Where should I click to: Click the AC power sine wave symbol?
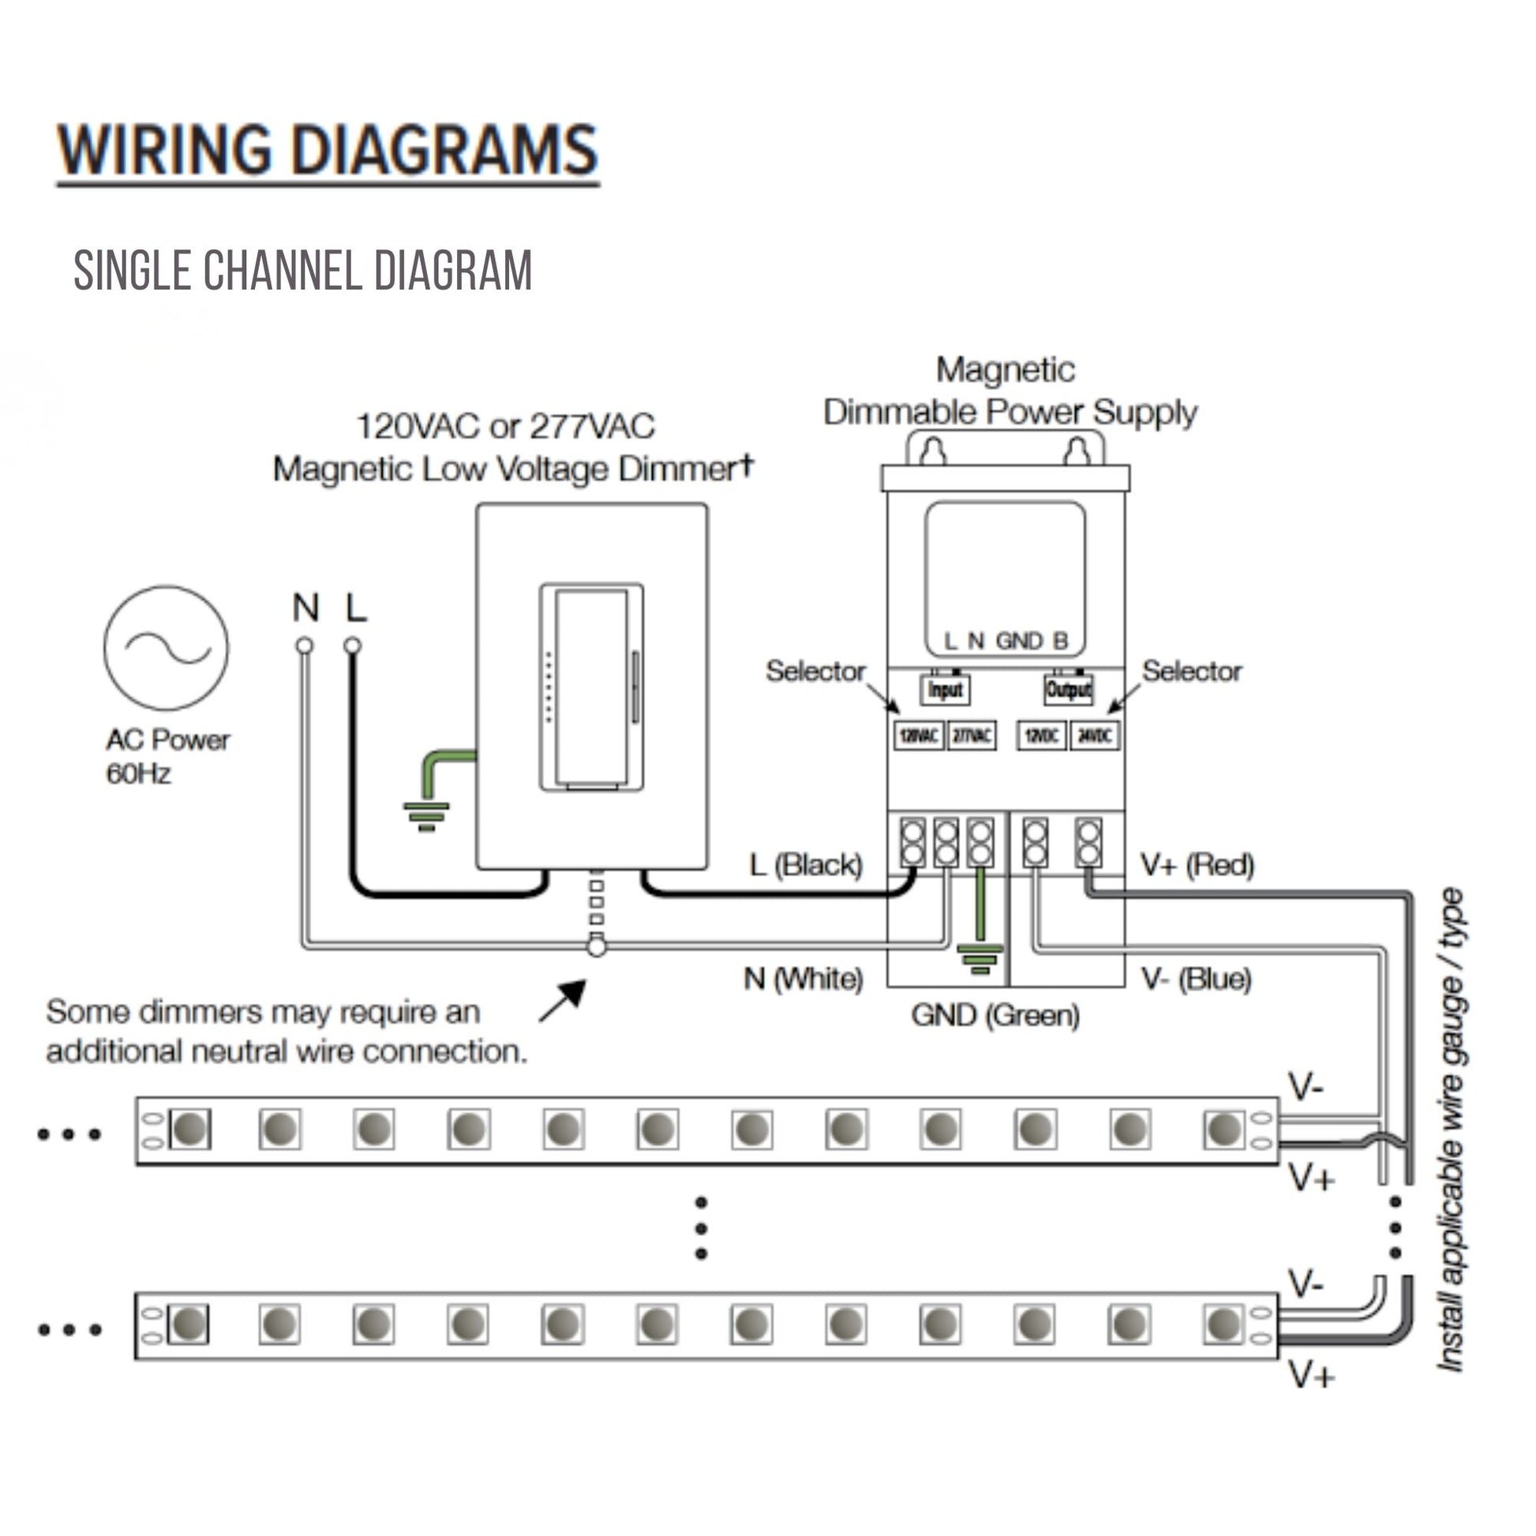166,648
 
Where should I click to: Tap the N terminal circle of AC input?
305,646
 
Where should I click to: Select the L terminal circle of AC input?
354,646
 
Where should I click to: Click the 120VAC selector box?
919,736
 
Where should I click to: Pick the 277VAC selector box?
972,736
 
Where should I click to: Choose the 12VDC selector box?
1040,736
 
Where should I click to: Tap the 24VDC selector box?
1095,736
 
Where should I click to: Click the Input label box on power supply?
945,689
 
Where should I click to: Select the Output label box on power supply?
1069,689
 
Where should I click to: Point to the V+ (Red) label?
1197,864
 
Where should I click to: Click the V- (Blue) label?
1197,979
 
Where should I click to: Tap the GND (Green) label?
995,1015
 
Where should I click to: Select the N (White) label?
803,979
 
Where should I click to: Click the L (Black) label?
806,864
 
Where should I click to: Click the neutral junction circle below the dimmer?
596,947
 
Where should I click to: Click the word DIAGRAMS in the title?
445,150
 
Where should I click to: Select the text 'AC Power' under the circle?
168,740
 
